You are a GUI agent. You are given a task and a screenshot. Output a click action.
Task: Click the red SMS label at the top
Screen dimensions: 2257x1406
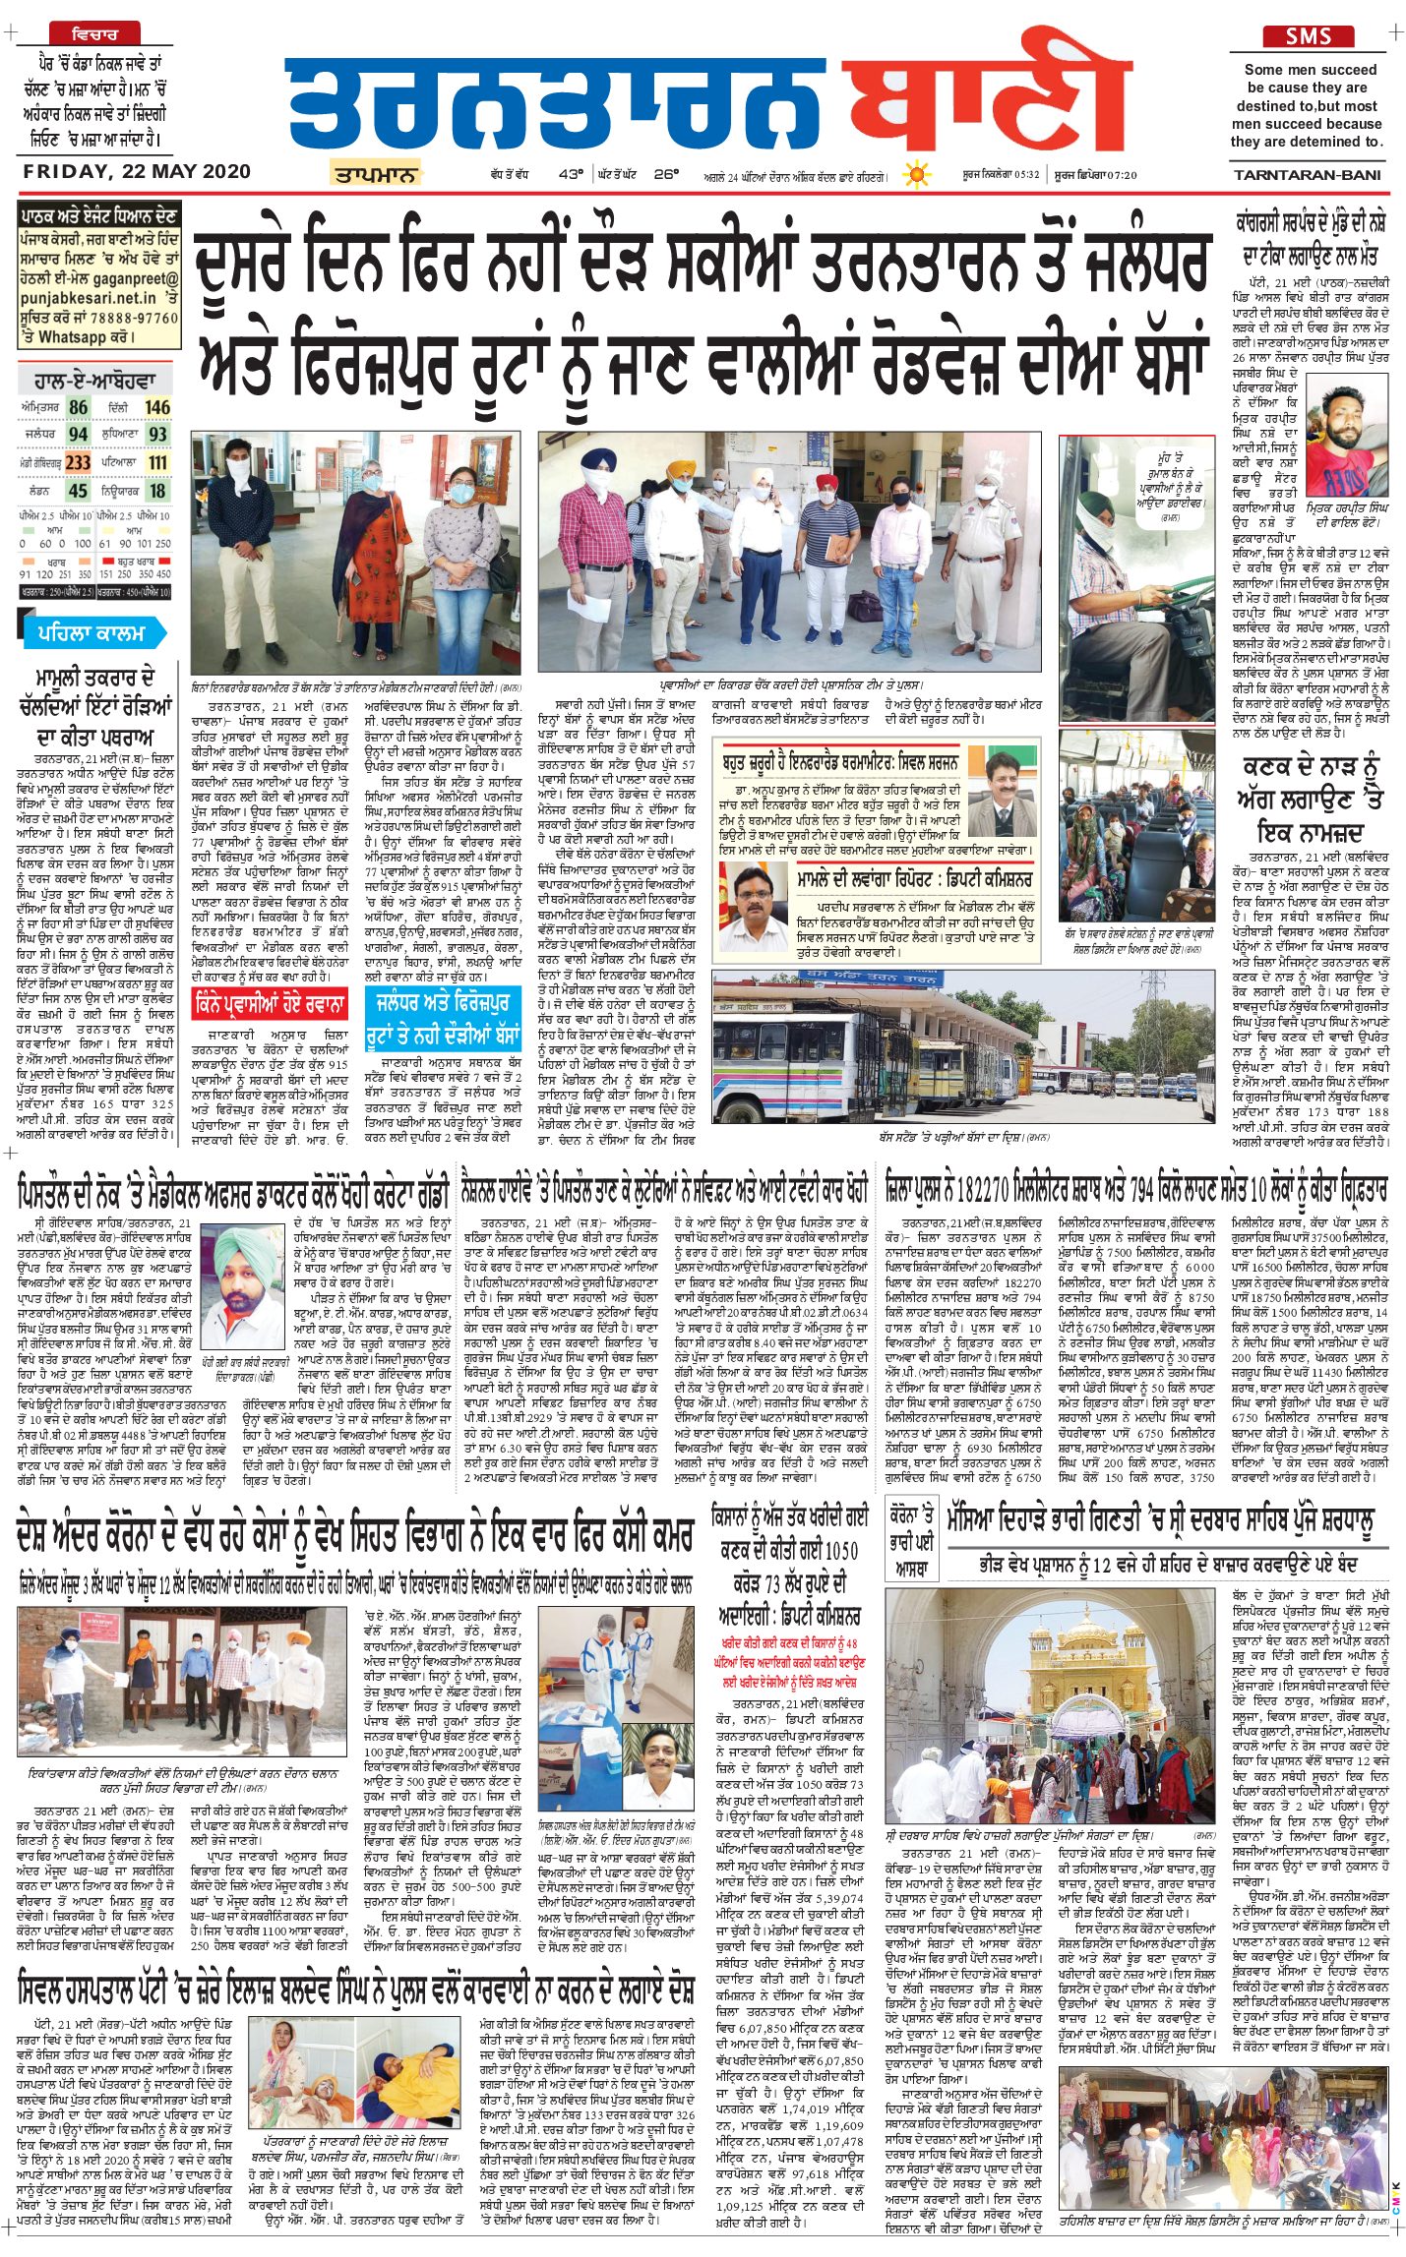(x=1308, y=36)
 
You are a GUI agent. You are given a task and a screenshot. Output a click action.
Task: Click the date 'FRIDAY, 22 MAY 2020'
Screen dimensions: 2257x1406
(x=137, y=171)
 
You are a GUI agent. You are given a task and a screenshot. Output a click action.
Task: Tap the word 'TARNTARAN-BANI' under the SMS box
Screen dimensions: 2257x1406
(x=1307, y=174)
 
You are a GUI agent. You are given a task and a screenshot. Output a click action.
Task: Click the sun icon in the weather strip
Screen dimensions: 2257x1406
(x=917, y=175)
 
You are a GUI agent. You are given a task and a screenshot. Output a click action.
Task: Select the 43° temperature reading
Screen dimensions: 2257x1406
(x=571, y=174)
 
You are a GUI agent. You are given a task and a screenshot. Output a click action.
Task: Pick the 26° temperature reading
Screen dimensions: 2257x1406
(x=666, y=174)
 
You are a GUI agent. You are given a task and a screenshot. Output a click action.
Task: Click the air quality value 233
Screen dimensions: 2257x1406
(x=79, y=462)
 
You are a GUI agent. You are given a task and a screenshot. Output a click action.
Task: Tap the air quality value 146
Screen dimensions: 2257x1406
(x=157, y=407)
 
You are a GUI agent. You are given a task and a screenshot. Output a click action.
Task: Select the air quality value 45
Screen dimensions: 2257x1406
(x=79, y=490)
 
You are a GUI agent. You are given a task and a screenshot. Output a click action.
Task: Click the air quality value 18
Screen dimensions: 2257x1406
(x=157, y=490)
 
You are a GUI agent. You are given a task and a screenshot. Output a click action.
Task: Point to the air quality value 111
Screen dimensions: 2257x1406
(x=157, y=462)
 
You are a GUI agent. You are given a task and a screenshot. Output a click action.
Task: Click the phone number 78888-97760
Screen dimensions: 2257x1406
(x=140, y=318)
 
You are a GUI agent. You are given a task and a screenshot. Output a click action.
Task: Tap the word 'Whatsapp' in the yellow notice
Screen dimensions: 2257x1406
(x=73, y=336)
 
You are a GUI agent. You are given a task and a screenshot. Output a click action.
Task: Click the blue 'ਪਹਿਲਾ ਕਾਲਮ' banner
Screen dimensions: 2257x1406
(x=91, y=632)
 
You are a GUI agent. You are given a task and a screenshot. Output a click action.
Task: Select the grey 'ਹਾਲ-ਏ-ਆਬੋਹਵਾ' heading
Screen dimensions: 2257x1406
(x=94, y=379)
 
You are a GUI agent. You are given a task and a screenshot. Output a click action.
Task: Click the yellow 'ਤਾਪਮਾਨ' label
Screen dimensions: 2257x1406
(x=375, y=175)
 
